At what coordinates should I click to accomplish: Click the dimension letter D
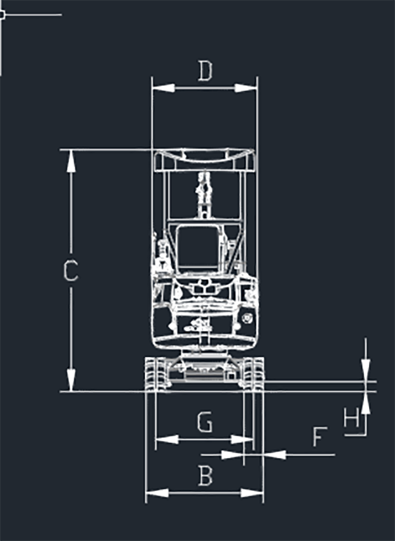pos(205,71)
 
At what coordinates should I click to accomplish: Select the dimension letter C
pos(71,270)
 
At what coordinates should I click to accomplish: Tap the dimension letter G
pos(205,422)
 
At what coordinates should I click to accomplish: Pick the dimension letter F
pos(320,436)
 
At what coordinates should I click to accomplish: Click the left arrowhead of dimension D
pos(163,88)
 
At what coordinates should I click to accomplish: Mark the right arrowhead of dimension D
pos(246,88)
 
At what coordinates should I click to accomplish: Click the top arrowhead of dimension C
pos(71,161)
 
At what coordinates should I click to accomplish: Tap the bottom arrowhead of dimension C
pos(71,381)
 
